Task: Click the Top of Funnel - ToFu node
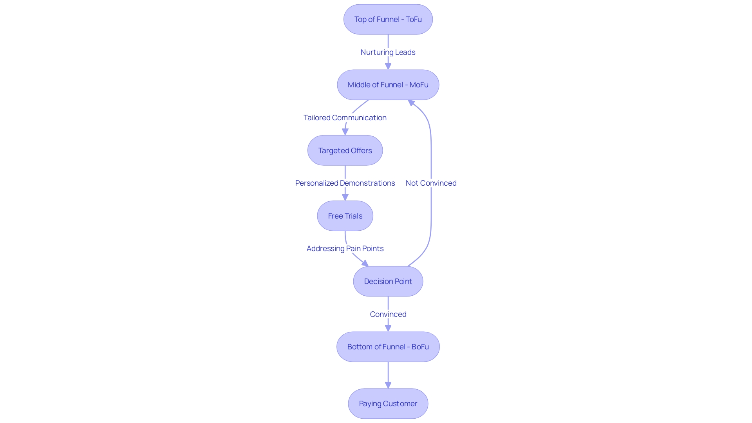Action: coord(388,19)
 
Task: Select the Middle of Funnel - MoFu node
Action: coord(388,85)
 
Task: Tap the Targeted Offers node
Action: coord(345,150)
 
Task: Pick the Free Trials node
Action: coord(345,216)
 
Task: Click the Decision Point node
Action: coord(388,281)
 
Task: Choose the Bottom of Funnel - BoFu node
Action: coord(388,347)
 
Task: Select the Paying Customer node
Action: coord(388,403)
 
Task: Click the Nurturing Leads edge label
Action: coord(388,52)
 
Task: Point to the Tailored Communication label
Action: coord(345,117)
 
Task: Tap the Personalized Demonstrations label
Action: coord(345,183)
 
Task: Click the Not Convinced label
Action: coord(431,183)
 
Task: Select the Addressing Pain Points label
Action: coord(345,248)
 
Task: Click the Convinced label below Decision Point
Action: coord(388,314)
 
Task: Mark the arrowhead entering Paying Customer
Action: coord(388,385)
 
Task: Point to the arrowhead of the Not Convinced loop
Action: coord(411,103)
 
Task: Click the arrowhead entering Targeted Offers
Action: coord(345,132)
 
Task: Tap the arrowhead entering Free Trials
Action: coord(345,197)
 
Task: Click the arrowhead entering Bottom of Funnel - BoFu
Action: coord(388,328)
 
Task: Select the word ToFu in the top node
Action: coord(414,19)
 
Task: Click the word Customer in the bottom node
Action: coord(400,403)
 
